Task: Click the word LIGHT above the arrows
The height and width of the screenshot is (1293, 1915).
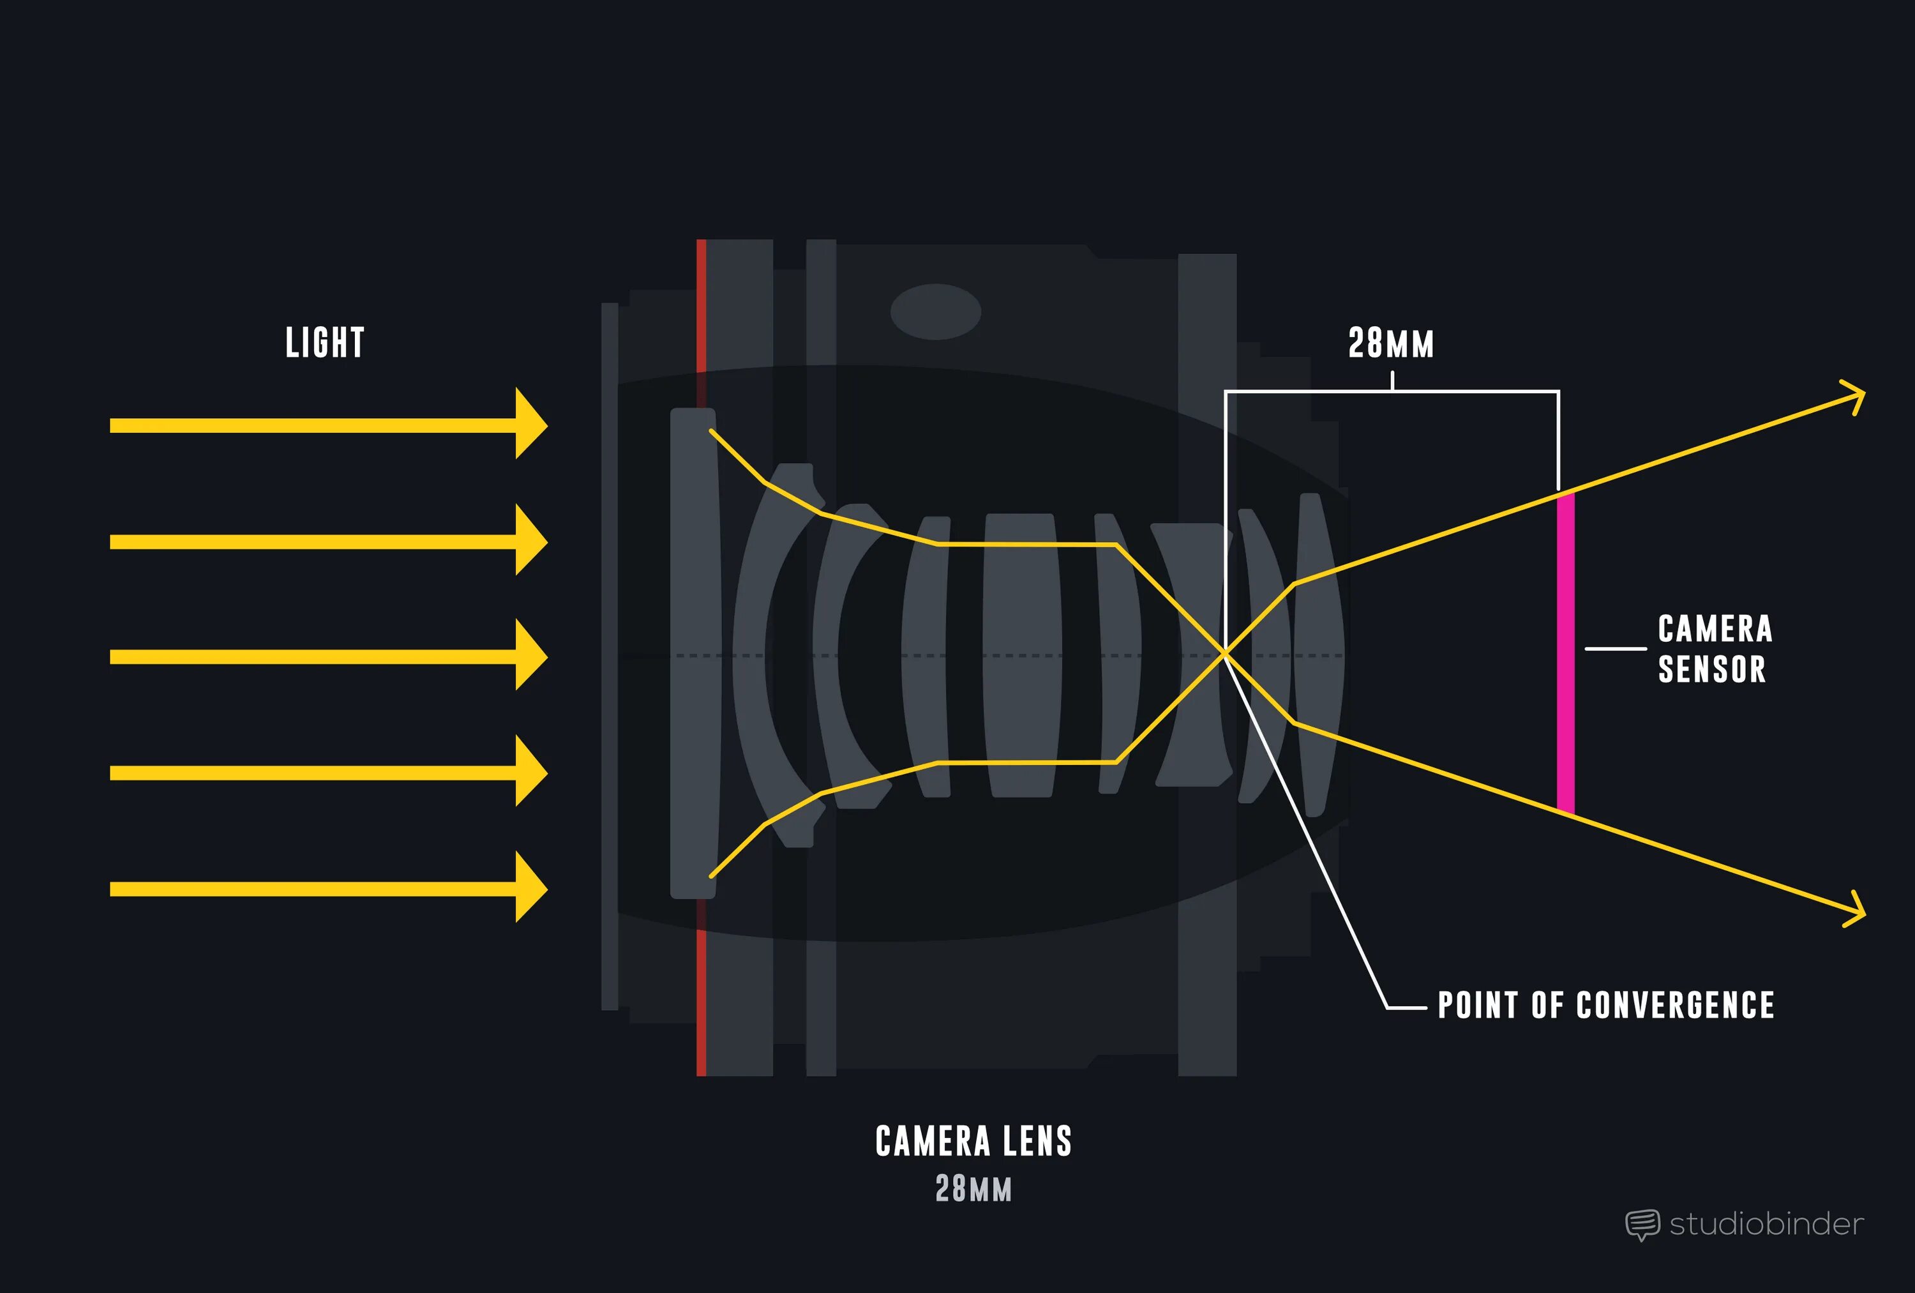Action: click(325, 343)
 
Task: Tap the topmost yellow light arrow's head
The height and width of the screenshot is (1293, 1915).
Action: click(530, 423)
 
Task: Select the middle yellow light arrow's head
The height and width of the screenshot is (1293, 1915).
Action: click(530, 655)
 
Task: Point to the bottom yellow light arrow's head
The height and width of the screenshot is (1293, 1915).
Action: click(530, 888)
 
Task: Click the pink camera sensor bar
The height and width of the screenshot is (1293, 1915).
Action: click(1566, 651)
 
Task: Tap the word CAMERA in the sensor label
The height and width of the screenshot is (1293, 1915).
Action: click(1715, 629)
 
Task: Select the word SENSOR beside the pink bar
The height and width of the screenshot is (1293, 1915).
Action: click(1711, 669)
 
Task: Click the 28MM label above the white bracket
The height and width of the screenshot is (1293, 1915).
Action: click(1391, 344)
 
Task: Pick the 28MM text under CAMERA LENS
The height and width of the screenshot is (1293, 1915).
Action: click(973, 1188)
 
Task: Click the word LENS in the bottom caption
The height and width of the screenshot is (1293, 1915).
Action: click(1037, 1142)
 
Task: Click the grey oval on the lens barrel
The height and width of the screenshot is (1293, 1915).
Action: click(935, 312)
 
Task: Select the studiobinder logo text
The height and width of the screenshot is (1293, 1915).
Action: click(1766, 1224)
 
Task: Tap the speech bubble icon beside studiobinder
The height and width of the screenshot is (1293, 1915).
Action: click(1641, 1225)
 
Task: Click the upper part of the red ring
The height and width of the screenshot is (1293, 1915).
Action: click(702, 305)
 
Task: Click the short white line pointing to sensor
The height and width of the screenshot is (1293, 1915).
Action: click(1615, 649)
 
